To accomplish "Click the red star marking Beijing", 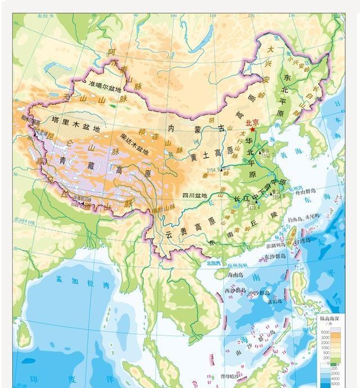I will [253, 130].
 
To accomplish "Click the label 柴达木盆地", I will [134, 144].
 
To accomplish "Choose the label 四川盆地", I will [195, 195].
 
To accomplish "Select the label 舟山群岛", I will [308, 193].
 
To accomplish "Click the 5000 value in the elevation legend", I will [326, 333].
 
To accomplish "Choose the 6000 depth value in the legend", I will [326, 384].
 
